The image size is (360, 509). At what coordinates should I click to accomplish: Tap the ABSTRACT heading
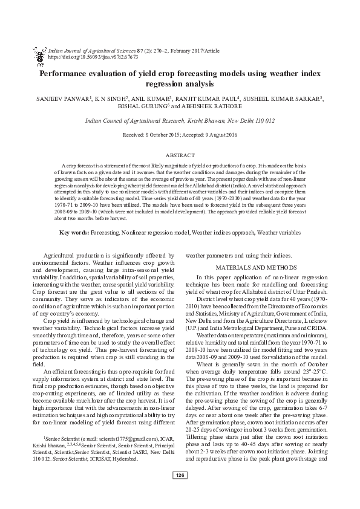[180, 155]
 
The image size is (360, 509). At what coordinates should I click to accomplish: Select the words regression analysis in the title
[180, 83]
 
